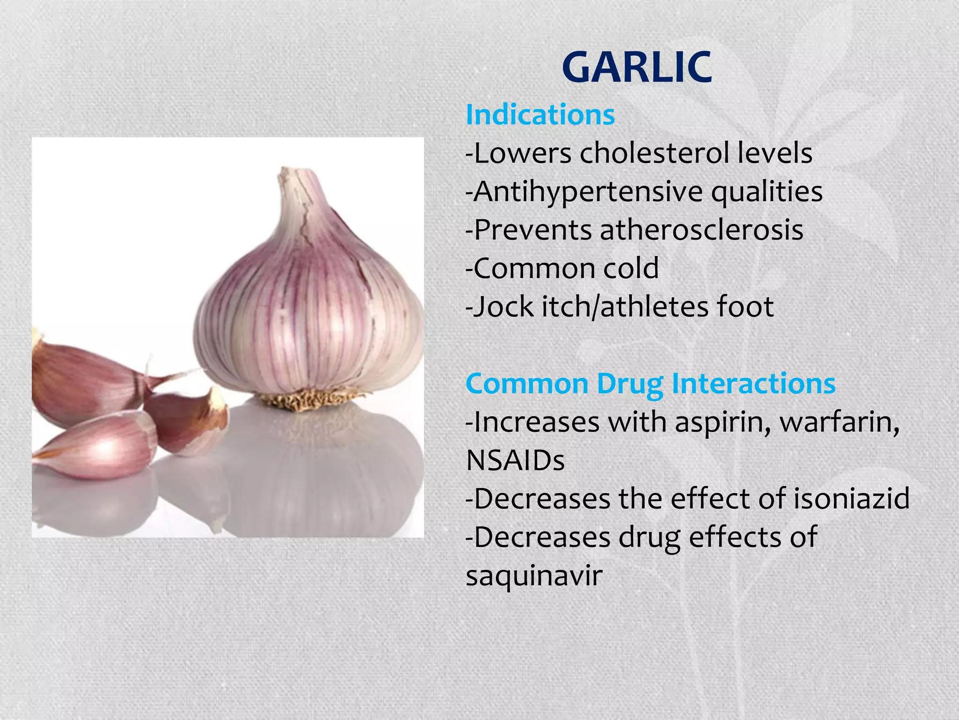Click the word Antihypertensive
coord(588,192)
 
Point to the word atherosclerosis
coord(701,230)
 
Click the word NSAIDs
coord(515,460)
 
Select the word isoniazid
coord(851,498)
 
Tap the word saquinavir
coord(534,576)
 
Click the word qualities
coord(767,192)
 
